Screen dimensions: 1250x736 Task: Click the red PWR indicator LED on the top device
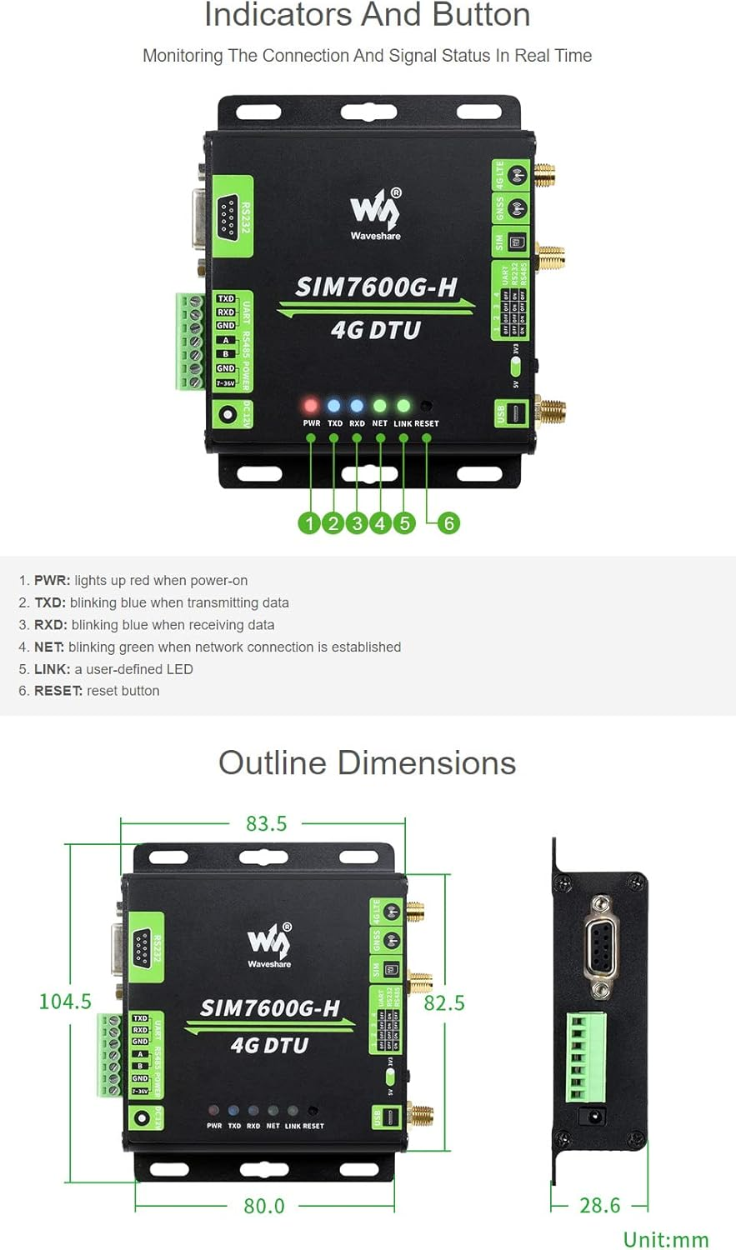click(x=311, y=406)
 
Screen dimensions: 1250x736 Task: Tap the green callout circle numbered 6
click(x=448, y=522)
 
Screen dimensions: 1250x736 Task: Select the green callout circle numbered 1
click(x=309, y=522)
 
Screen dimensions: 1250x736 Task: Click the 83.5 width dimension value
click(x=266, y=823)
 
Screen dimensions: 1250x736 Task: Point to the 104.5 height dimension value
click(x=65, y=1001)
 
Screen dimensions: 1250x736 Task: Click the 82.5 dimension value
click(x=444, y=1002)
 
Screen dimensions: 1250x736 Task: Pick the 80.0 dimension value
click(x=264, y=1206)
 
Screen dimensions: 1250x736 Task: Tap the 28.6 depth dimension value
click(x=600, y=1205)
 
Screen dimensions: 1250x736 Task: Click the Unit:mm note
click(x=666, y=1239)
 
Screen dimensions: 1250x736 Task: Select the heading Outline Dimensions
click(x=367, y=762)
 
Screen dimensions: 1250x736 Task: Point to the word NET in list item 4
click(x=48, y=647)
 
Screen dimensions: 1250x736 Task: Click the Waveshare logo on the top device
click(x=375, y=213)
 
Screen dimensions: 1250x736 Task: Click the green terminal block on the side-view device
click(x=588, y=1056)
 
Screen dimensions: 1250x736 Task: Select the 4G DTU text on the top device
click(x=376, y=330)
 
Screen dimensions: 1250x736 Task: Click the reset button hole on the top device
click(x=426, y=406)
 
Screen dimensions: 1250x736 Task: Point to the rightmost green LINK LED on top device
click(x=403, y=406)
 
